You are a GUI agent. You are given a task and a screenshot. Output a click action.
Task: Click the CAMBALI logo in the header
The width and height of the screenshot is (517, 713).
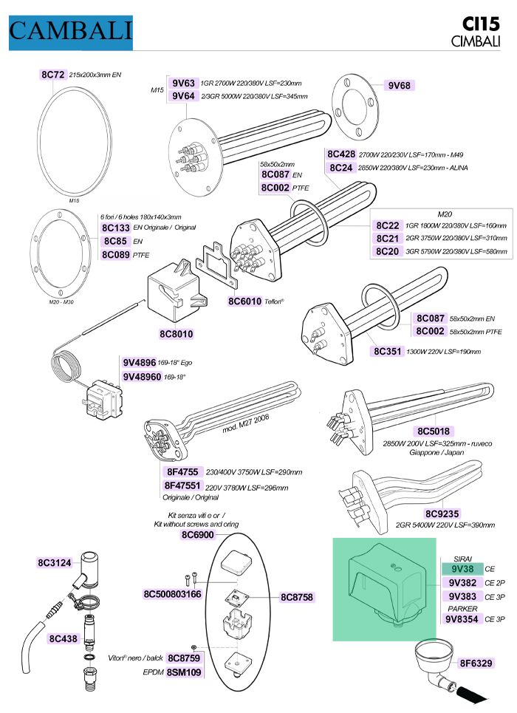70,31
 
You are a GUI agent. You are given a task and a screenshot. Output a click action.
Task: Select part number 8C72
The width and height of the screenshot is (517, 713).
52,75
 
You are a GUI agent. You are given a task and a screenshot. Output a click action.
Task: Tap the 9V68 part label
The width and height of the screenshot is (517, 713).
399,85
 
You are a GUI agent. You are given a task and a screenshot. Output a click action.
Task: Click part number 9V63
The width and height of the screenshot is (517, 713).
183,83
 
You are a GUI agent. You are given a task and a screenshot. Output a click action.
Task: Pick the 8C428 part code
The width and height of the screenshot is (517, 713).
341,154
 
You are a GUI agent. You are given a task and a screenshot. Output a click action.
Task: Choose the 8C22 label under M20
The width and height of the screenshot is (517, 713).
388,225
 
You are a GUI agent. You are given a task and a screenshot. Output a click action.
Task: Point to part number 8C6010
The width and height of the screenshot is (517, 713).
244,301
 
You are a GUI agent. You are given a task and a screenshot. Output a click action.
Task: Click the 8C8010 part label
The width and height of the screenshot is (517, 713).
176,334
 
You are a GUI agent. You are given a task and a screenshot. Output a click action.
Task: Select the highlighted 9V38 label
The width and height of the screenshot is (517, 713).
462,570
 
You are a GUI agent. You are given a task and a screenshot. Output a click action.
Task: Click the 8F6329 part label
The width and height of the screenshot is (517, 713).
476,663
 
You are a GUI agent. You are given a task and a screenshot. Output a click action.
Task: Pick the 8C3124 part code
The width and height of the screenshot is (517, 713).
55,563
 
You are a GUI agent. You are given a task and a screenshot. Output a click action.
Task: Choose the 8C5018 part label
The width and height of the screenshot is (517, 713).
434,431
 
